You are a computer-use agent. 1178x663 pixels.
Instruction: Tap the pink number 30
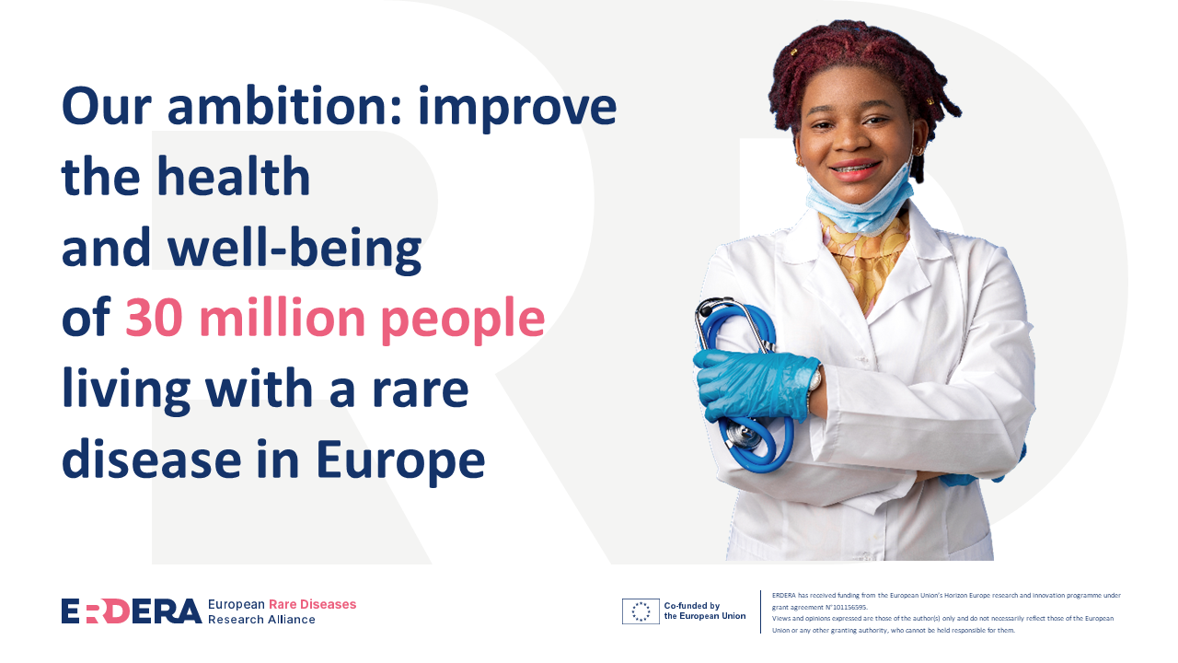point(154,318)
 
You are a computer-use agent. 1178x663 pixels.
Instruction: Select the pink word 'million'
point(282,317)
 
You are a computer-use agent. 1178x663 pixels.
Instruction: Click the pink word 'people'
point(463,321)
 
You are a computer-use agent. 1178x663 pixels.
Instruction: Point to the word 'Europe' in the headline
point(400,461)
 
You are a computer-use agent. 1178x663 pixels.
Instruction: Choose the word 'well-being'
point(294,249)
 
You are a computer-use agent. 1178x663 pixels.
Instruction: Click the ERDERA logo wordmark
point(132,611)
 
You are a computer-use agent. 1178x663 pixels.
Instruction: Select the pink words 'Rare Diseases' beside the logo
point(312,604)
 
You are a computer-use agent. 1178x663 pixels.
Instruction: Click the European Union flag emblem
point(641,611)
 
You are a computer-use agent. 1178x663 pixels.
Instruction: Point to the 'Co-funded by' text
point(692,606)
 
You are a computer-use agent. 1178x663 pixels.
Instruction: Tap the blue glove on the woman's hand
point(755,384)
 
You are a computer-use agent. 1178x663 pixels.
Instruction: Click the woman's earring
point(918,151)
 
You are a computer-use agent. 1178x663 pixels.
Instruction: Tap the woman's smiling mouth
point(855,170)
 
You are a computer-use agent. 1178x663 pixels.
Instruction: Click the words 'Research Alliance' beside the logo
point(261,620)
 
